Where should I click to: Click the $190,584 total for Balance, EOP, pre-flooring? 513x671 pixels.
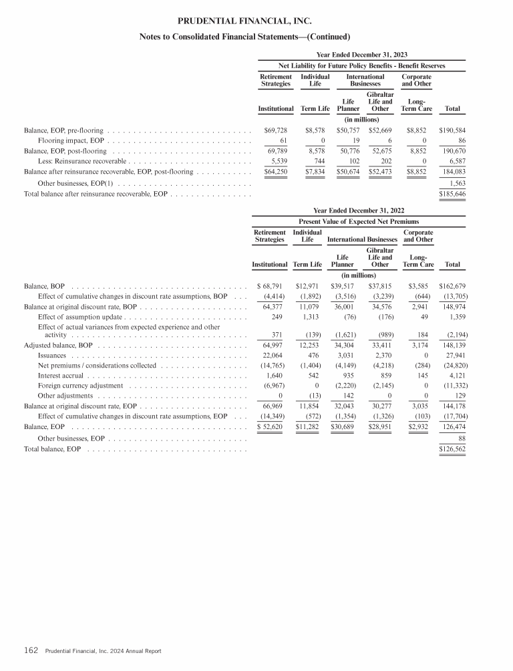pos(452,130)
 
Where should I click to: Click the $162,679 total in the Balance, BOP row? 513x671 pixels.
pos(452,286)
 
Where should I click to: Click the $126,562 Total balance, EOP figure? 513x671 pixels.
pos(452,449)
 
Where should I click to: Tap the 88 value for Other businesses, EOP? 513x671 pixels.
pos(461,438)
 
